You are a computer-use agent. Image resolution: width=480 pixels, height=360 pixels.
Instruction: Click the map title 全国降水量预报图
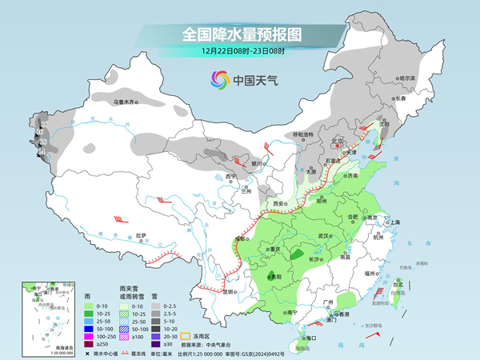[x=241, y=34]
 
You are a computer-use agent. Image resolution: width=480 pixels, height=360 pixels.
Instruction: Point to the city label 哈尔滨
[x=408, y=78]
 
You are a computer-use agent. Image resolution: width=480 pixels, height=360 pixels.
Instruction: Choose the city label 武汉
[x=324, y=236]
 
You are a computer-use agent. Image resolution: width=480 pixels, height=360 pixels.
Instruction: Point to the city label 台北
[x=398, y=283]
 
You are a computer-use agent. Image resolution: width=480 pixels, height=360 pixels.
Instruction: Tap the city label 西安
[x=279, y=203]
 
